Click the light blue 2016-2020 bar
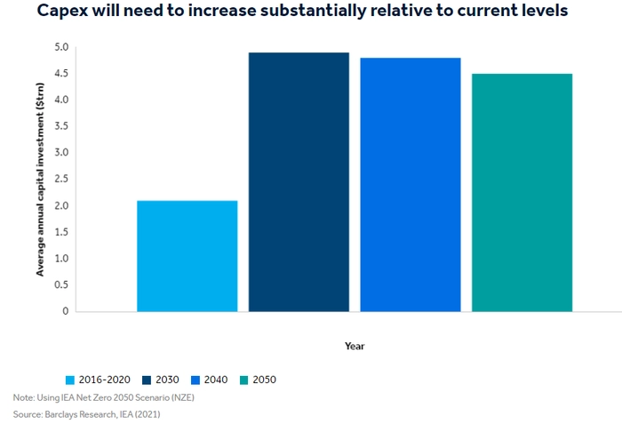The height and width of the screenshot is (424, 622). (187, 256)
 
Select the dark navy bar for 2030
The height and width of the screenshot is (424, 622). (299, 182)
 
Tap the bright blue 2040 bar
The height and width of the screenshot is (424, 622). (411, 185)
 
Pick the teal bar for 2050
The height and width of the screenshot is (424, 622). (522, 193)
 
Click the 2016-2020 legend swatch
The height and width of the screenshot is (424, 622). (70, 380)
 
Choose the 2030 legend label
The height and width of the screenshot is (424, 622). (167, 380)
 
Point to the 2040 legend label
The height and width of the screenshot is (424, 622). (216, 380)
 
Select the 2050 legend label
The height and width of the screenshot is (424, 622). (264, 380)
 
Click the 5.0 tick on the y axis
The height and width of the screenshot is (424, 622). (61, 47)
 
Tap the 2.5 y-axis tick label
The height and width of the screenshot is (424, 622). (61, 179)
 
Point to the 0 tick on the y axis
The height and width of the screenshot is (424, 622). (66, 311)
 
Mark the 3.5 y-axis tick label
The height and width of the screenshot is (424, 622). (61, 126)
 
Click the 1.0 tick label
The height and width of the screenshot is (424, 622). (61, 259)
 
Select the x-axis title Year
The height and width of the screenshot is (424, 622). (355, 346)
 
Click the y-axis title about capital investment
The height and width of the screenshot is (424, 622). (40, 180)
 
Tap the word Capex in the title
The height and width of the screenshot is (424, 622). (62, 11)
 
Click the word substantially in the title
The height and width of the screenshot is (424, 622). (314, 11)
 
